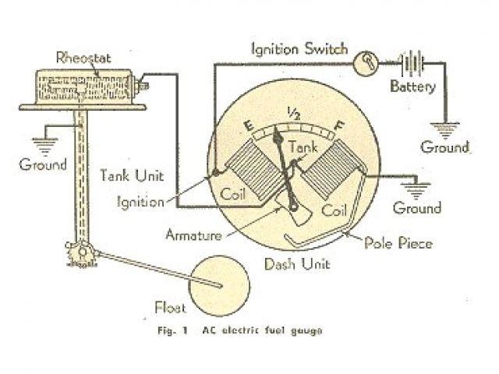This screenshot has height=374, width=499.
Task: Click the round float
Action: pyautogui.click(x=218, y=284)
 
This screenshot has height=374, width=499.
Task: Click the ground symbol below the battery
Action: pyautogui.click(x=445, y=127)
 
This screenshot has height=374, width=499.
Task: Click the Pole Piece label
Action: pyautogui.click(x=399, y=243)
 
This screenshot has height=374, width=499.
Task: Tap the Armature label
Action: pyautogui.click(x=196, y=234)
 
